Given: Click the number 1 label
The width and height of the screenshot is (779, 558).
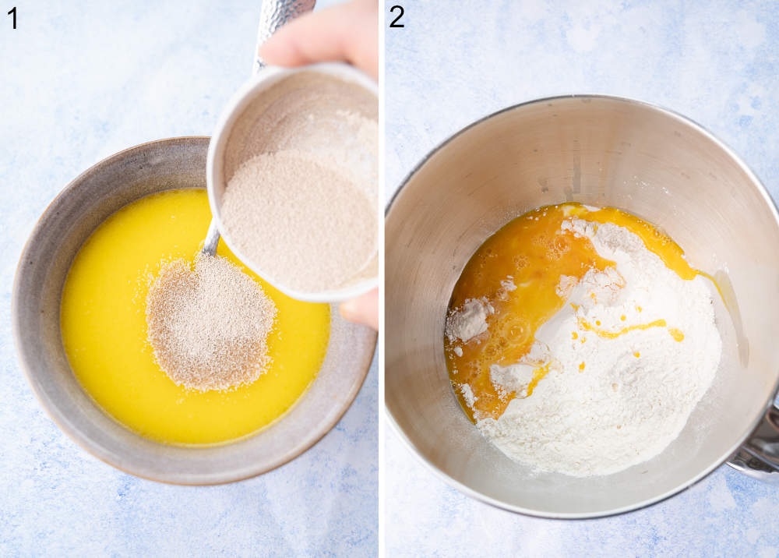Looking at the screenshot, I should point(12,17).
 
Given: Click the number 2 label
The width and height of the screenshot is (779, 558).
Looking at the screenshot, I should point(397,16).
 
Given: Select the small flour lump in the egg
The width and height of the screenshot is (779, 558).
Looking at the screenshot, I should point(468,320).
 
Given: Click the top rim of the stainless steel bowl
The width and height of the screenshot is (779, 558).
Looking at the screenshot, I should point(576,100).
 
